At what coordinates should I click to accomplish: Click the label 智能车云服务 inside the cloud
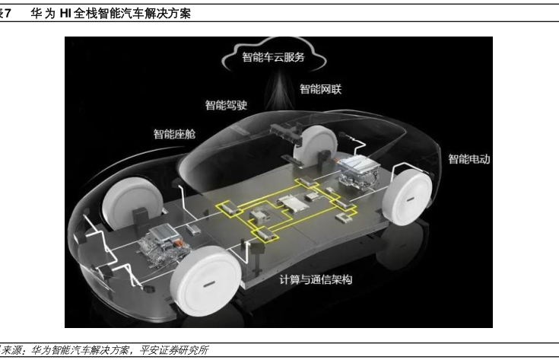[x=273, y=56]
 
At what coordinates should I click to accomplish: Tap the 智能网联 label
[x=320, y=89]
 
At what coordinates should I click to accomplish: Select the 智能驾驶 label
[x=226, y=105]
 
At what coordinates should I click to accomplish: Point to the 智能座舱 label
[x=174, y=135]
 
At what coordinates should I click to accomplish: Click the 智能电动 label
[x=469, y=159]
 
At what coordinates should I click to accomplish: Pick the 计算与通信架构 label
[x=316, y=280]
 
